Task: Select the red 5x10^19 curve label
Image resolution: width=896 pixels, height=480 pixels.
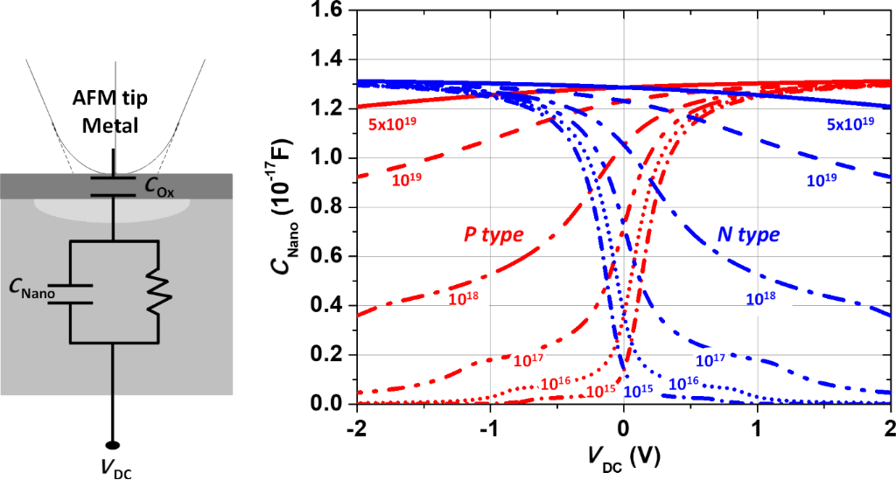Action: pyautogui.click(x=392, y=123)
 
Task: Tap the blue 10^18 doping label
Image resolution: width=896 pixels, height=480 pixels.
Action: pyautogui.click(x=762, y=298)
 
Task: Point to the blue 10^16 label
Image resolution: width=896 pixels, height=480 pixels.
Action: pyautogui.click(x=683, y=382)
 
